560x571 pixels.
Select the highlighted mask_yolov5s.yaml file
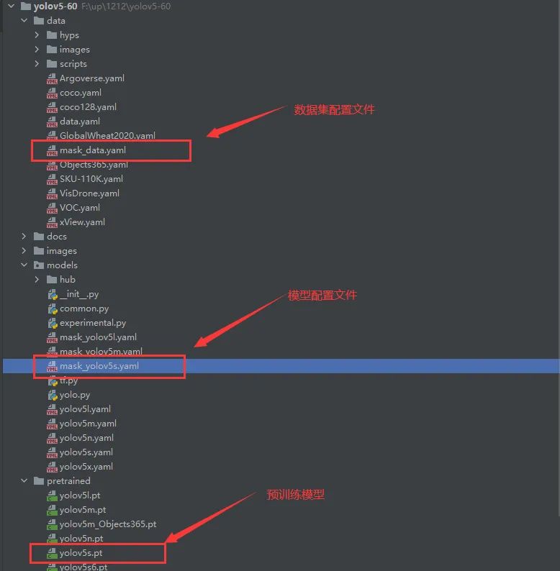tap(99, 366)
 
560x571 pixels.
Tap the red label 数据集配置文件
tap(335, 110)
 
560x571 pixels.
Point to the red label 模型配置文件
tap(322, 296)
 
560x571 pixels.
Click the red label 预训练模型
tap(296, 495)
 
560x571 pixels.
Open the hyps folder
tap(69, 35)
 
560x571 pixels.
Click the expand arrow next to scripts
tap(37, 64)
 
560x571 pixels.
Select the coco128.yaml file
tap(88, 107)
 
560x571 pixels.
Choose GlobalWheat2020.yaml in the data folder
tap(107, 136)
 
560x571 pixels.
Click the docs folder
tap(56, 237)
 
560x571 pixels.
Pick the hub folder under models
tap(67, 280)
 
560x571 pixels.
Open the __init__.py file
tap(79, 294)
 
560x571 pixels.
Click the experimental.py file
tap(93, 323)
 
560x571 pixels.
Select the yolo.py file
tap(75, 395)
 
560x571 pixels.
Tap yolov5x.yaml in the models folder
tap(86, 467)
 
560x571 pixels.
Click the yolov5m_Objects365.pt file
tap(108, 524)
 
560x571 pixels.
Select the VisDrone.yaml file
tap(89, 193)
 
